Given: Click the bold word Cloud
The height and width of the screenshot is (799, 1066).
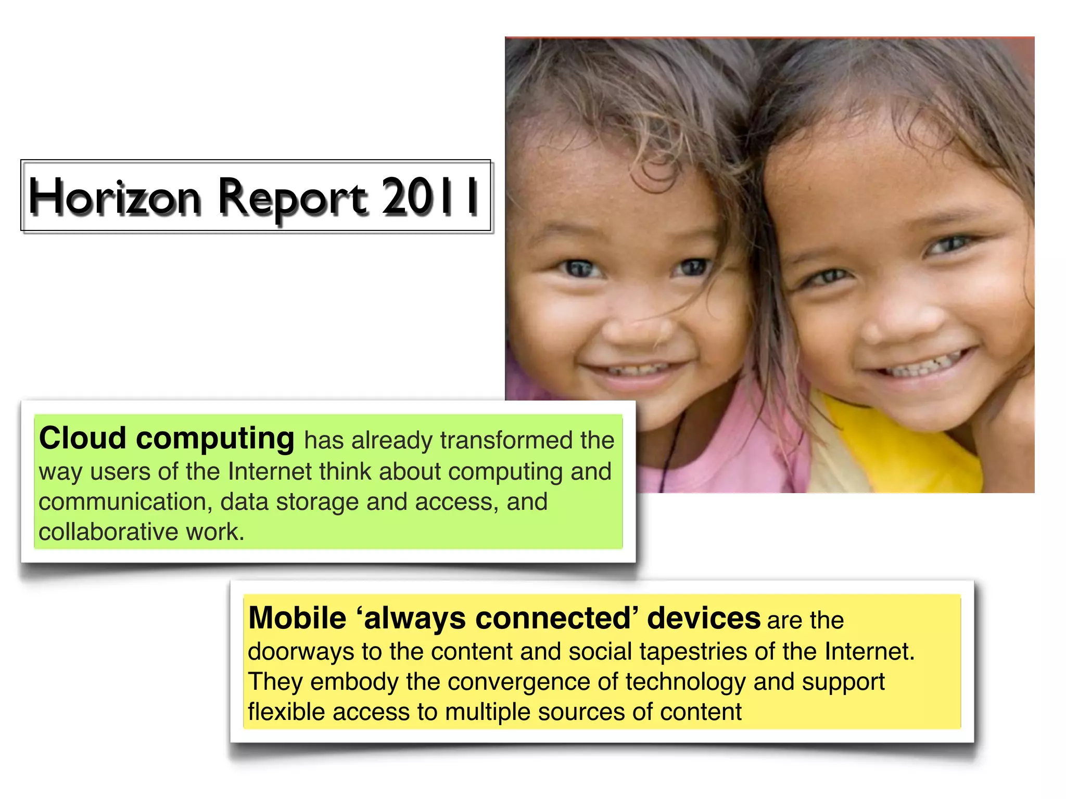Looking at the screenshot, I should click(83, 438).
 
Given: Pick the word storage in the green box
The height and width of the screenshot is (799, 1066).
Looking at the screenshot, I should click(317, 502).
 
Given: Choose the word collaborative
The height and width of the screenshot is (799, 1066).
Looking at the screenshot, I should click(108, 532).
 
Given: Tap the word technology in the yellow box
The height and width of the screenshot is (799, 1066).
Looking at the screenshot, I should click(685, 681).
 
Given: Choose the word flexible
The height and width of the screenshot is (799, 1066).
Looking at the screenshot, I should click(286, 712).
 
